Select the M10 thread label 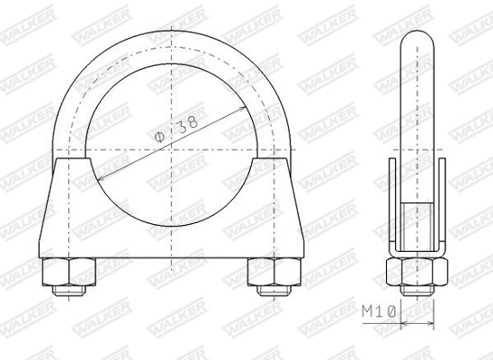(381, 312)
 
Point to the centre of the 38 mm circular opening (168, 148)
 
